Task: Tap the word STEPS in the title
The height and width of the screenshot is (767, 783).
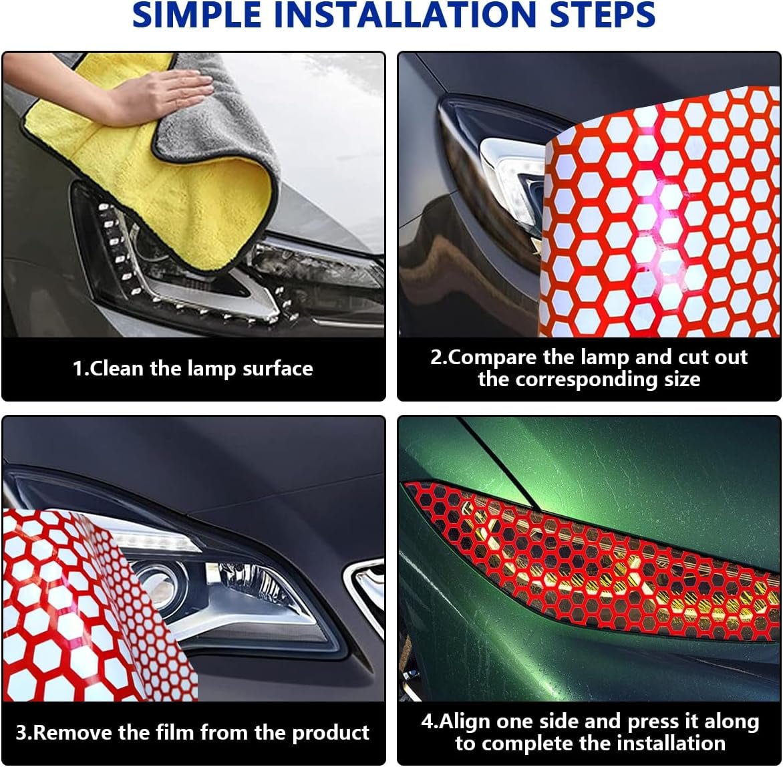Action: point(602,15)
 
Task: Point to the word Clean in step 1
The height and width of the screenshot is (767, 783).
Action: point(118,369)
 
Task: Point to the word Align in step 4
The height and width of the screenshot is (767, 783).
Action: point(464,722)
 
